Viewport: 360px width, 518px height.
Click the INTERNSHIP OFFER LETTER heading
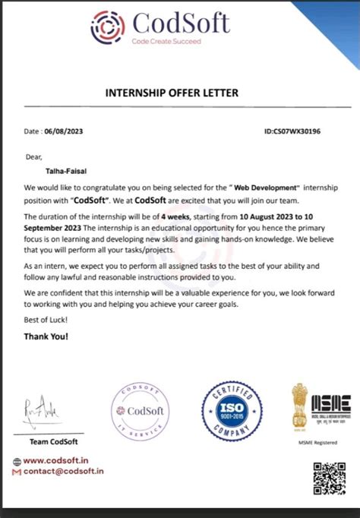tap(171, 93)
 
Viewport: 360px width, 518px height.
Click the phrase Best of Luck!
tap(43, 321)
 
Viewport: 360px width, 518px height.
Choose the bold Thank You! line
tap(46, 336)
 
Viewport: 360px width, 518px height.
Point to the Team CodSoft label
tap(52, 441)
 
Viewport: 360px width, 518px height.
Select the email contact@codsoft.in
tap(63, 471)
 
